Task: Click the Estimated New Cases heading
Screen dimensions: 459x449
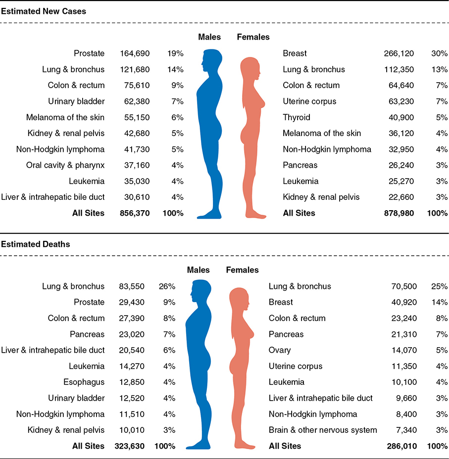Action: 44,11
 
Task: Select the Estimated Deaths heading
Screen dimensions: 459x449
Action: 36,244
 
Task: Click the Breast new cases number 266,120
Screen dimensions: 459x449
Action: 399,53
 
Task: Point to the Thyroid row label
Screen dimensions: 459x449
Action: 297,117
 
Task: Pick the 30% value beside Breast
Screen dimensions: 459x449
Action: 440,53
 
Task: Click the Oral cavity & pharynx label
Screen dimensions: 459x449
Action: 65,165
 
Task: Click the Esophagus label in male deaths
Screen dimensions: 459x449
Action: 84,382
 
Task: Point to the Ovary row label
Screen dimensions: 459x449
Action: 280,350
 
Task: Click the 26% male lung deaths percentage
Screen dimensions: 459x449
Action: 167,286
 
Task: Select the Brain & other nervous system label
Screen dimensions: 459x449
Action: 323,430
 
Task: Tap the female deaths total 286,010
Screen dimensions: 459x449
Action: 401,446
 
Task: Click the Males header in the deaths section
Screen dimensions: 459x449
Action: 198,270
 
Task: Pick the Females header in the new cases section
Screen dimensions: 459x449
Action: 253,37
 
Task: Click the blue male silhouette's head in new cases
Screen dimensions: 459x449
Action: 211,58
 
